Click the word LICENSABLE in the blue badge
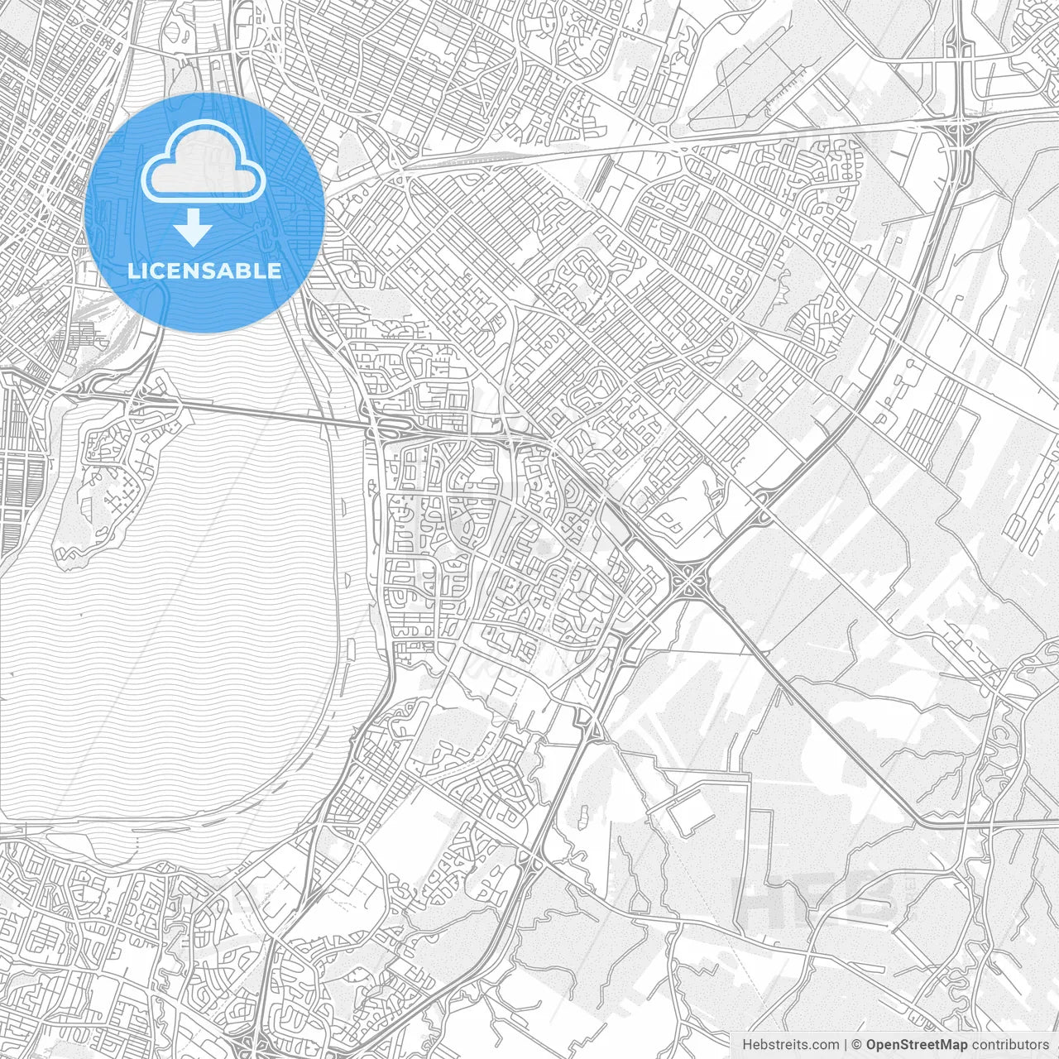point(204,271)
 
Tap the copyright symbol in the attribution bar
point(857,1044)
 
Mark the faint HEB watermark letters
point(819,898)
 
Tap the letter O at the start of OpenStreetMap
point(871,1044)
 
